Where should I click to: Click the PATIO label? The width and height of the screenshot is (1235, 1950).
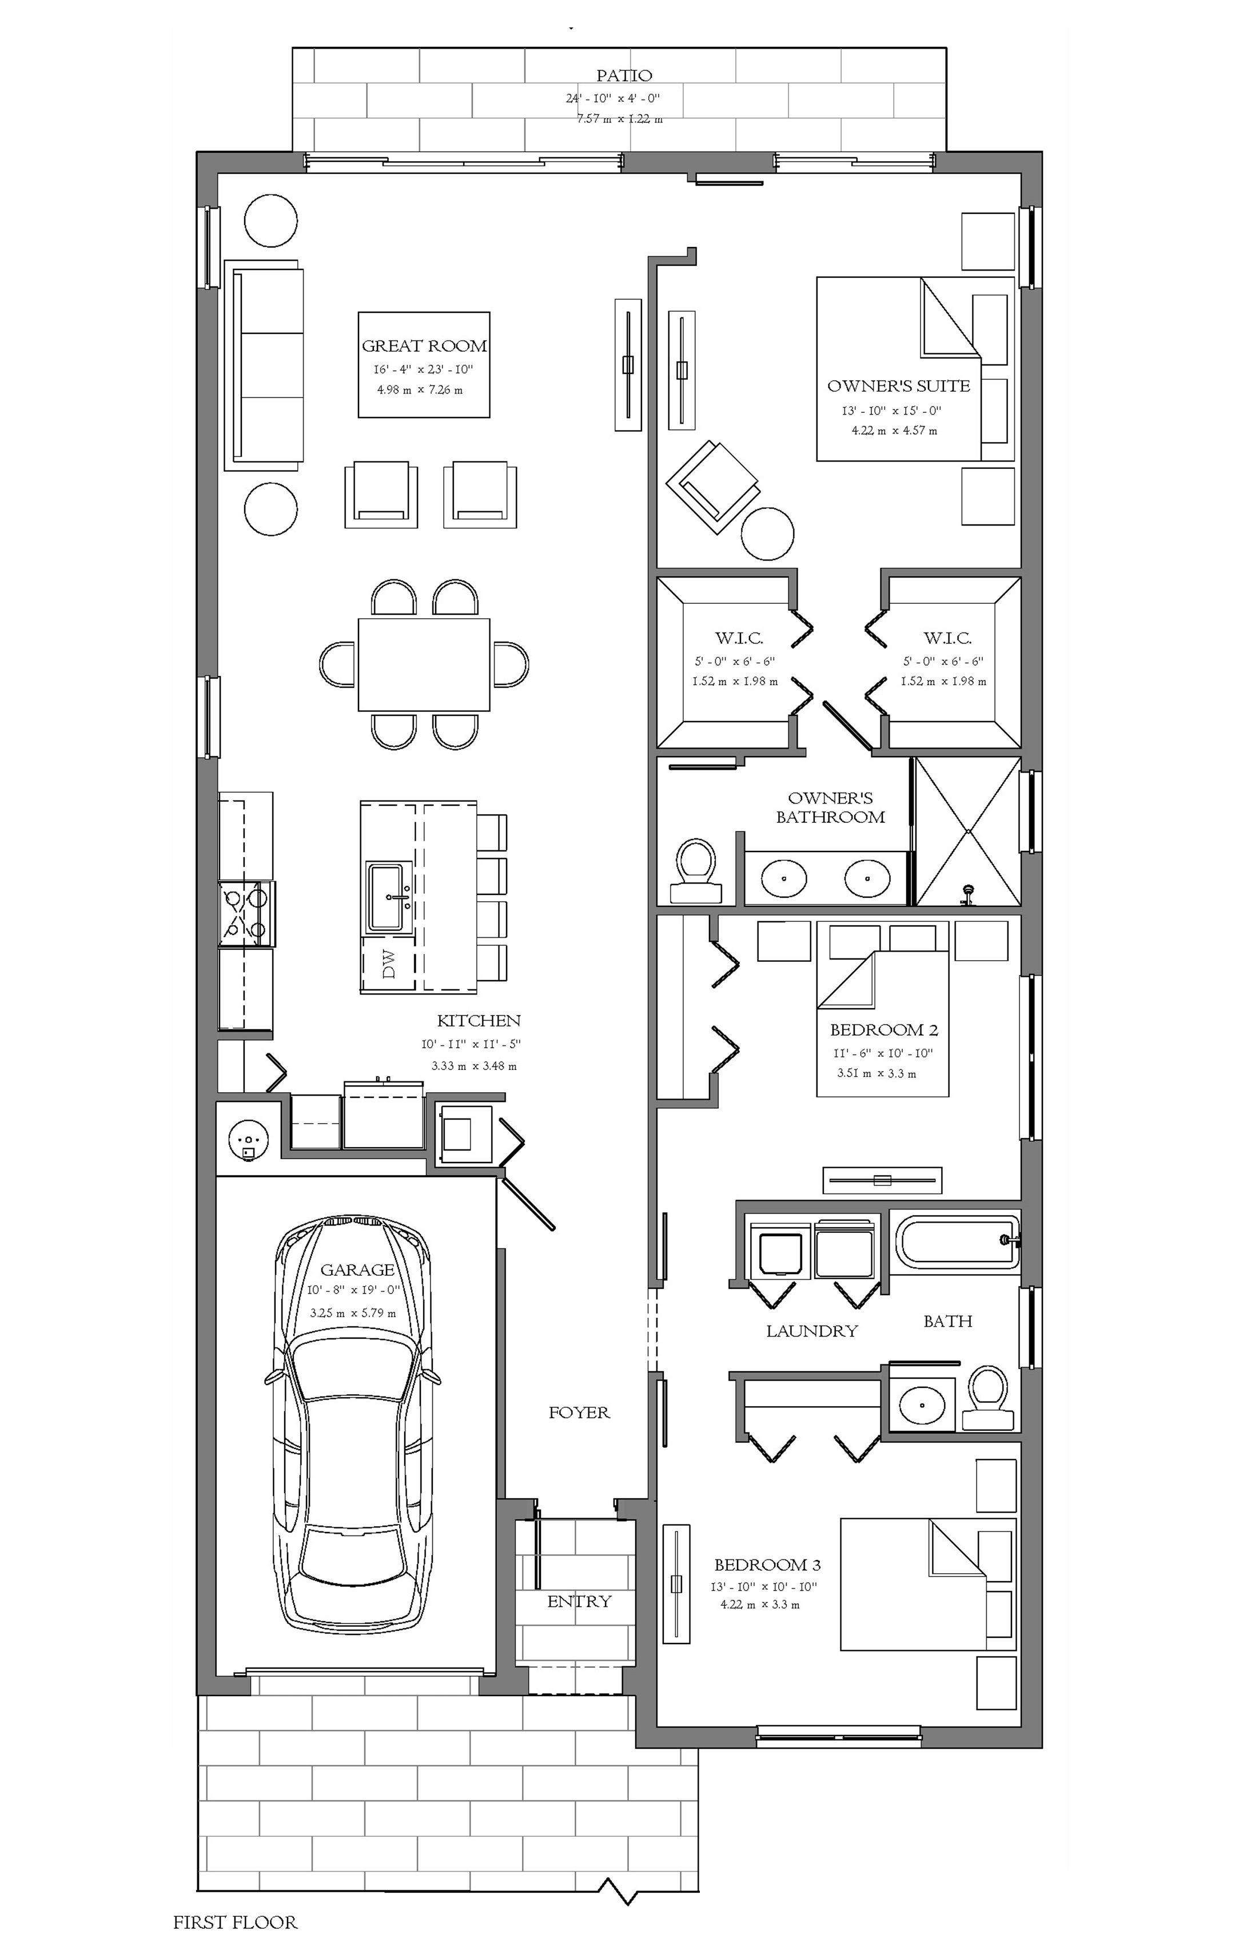[624, 75]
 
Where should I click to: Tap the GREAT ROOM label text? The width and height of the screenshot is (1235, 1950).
[424, 346]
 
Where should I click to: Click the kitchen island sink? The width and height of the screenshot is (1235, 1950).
[387, 897]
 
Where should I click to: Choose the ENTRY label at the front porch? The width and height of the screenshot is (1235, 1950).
[579, 1601]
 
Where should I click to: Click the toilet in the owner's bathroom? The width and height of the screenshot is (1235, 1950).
[696, 870]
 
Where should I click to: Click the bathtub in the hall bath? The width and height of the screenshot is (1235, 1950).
[955, 1240]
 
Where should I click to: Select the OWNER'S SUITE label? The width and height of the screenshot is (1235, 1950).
[898, 385]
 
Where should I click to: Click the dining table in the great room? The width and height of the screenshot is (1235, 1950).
[424, 664]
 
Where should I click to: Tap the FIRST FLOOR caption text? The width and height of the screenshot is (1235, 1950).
[235, 1921]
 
